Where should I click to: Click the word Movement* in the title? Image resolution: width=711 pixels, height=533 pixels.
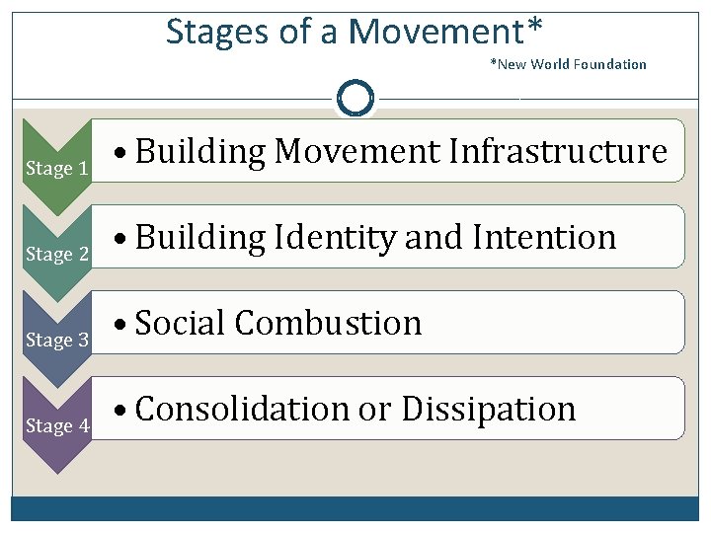tap(444, 33)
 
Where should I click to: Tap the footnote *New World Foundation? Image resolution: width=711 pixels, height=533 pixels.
tap(568, 64)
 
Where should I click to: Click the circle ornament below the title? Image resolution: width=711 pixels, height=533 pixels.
tap(355, 99)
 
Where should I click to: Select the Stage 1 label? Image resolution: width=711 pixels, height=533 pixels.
tap(57, 169)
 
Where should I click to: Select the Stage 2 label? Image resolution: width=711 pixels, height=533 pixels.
tap(57, 255)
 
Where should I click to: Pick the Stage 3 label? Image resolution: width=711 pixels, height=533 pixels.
tap(57, 341)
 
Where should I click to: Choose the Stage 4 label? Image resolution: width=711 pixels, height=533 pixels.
tap(57, 426)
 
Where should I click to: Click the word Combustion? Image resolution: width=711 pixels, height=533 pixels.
tap(328, 323)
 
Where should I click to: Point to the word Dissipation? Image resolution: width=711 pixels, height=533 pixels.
tap(488, 409)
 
